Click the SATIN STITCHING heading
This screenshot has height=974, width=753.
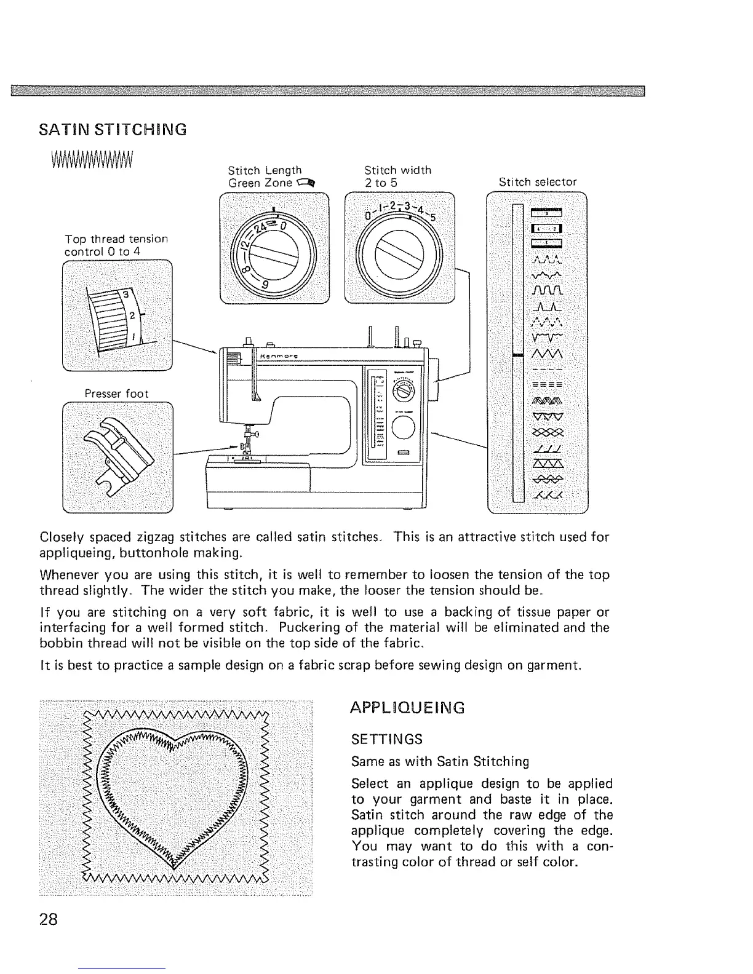[x=113, y=130]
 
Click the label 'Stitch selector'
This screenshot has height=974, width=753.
[x=538, y=182]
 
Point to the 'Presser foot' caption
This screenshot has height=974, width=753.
[x=117, y=394]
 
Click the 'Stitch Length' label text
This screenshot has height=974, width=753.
[x=265, y=170]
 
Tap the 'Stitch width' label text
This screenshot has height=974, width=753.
[x=397, y=170]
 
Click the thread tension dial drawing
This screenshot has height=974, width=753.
[x=117, y=315]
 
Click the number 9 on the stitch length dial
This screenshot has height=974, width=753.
[x=264, y=285]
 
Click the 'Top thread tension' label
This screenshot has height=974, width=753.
[x=116, y=239]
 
